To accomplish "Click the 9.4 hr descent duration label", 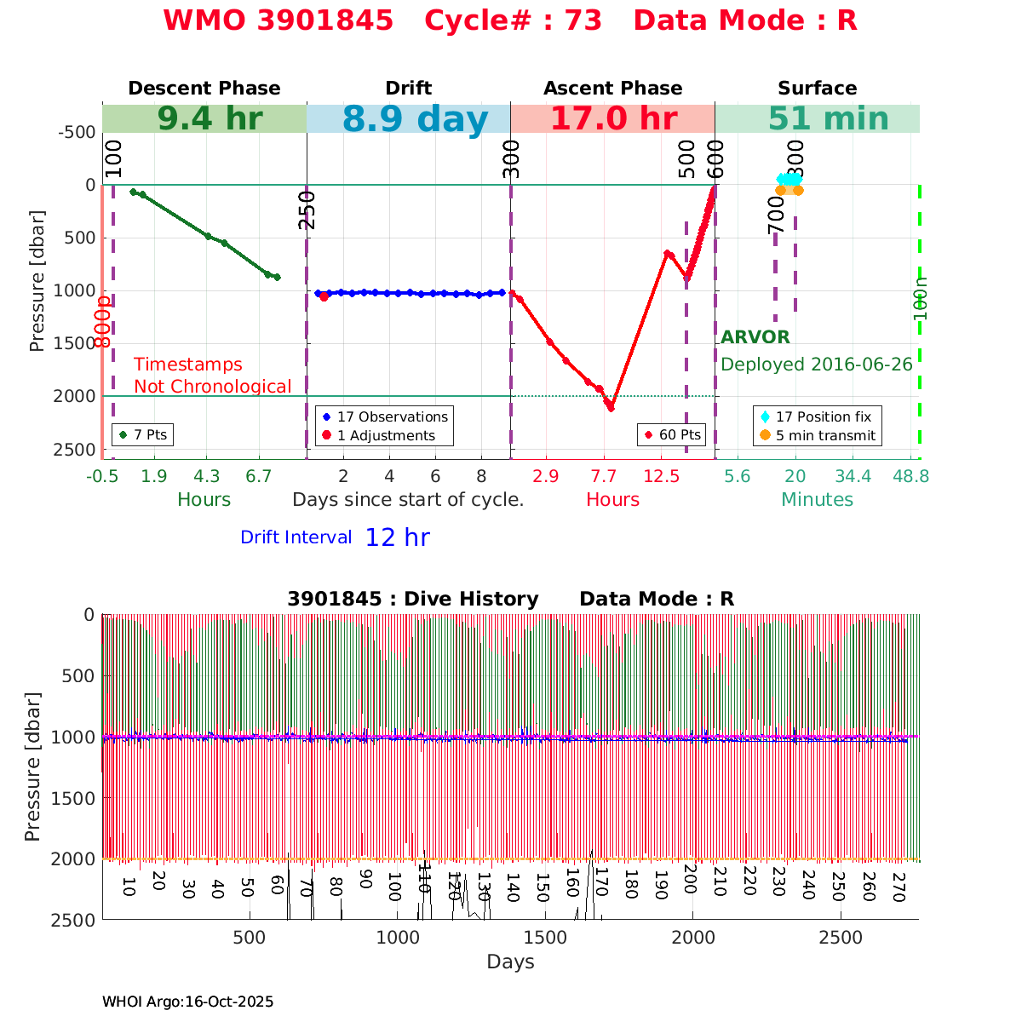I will (210, 119).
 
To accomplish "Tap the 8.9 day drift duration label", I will (415, 120).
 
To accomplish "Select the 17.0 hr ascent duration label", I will (613, 119).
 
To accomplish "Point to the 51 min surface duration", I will (816, 119).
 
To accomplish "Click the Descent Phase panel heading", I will (204, 89).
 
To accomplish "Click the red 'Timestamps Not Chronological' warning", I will (212, 376).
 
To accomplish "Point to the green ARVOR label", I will (755, 337).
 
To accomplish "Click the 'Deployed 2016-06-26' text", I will (816, 365).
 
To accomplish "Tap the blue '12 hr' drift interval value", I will (397, 537).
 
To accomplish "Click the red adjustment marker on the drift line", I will (324, 296).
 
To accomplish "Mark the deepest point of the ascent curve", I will (611, 408).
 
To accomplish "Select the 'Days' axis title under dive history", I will (510, 962).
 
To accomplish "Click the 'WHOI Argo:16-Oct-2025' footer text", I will (187, 1002).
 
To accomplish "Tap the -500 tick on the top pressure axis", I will (77, 132).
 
